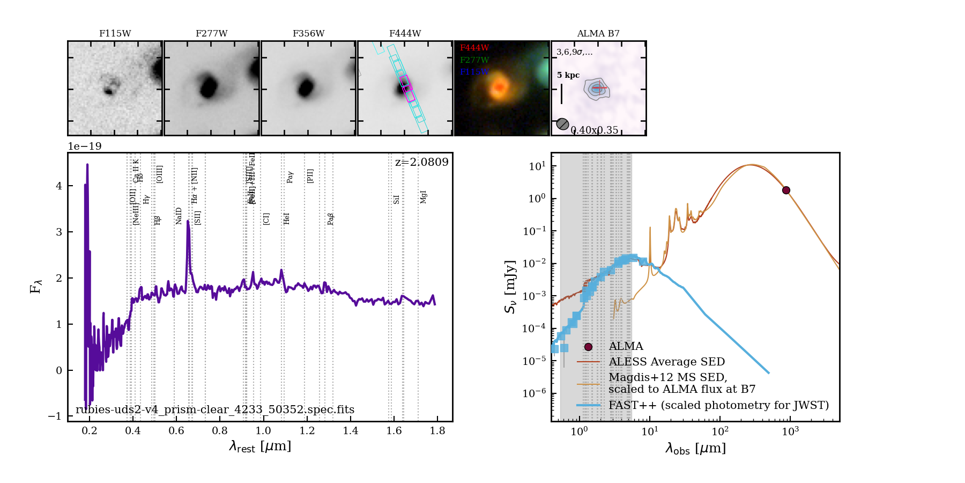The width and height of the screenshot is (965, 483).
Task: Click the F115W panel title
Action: click(x=115, y=33)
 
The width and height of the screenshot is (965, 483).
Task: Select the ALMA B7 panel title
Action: click(x=598, y=33)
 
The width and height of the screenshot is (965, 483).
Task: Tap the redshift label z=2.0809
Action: click(x=422, y=162)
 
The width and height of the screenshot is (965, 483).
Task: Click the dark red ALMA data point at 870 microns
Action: click(x=786, y=190)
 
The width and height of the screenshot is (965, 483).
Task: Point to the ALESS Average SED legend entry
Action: click(x=666, y=362)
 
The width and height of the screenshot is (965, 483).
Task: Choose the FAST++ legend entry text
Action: click(x=718, y=405)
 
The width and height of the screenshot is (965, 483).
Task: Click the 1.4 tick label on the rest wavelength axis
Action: click(x=351, y=430)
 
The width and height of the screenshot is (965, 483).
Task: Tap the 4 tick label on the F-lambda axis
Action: click(x=59, y=186)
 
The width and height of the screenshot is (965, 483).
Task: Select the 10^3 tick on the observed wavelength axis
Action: click(x=790, y=431)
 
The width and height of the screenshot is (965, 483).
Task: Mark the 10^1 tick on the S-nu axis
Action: click(x=537, y=166)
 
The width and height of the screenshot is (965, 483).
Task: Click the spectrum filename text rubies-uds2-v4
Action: click(x=214, y=409)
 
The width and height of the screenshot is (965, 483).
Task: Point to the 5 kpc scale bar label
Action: click(x=568, y=75)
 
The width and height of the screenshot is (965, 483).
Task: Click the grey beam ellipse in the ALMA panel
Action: click(x=562, y=124)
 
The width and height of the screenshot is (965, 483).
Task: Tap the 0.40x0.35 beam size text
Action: click(x=594, y=130)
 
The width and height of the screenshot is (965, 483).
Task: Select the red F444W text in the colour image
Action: click(x=474, y=48)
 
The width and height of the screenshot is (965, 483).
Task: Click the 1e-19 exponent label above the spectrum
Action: click(x=85, y=147)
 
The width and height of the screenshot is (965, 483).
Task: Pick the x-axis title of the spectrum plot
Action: click(x=260, y=447)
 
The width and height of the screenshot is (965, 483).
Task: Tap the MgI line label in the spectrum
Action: click(x=424, y=197)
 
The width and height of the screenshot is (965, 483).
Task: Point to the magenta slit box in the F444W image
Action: click(x=407, y=89)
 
